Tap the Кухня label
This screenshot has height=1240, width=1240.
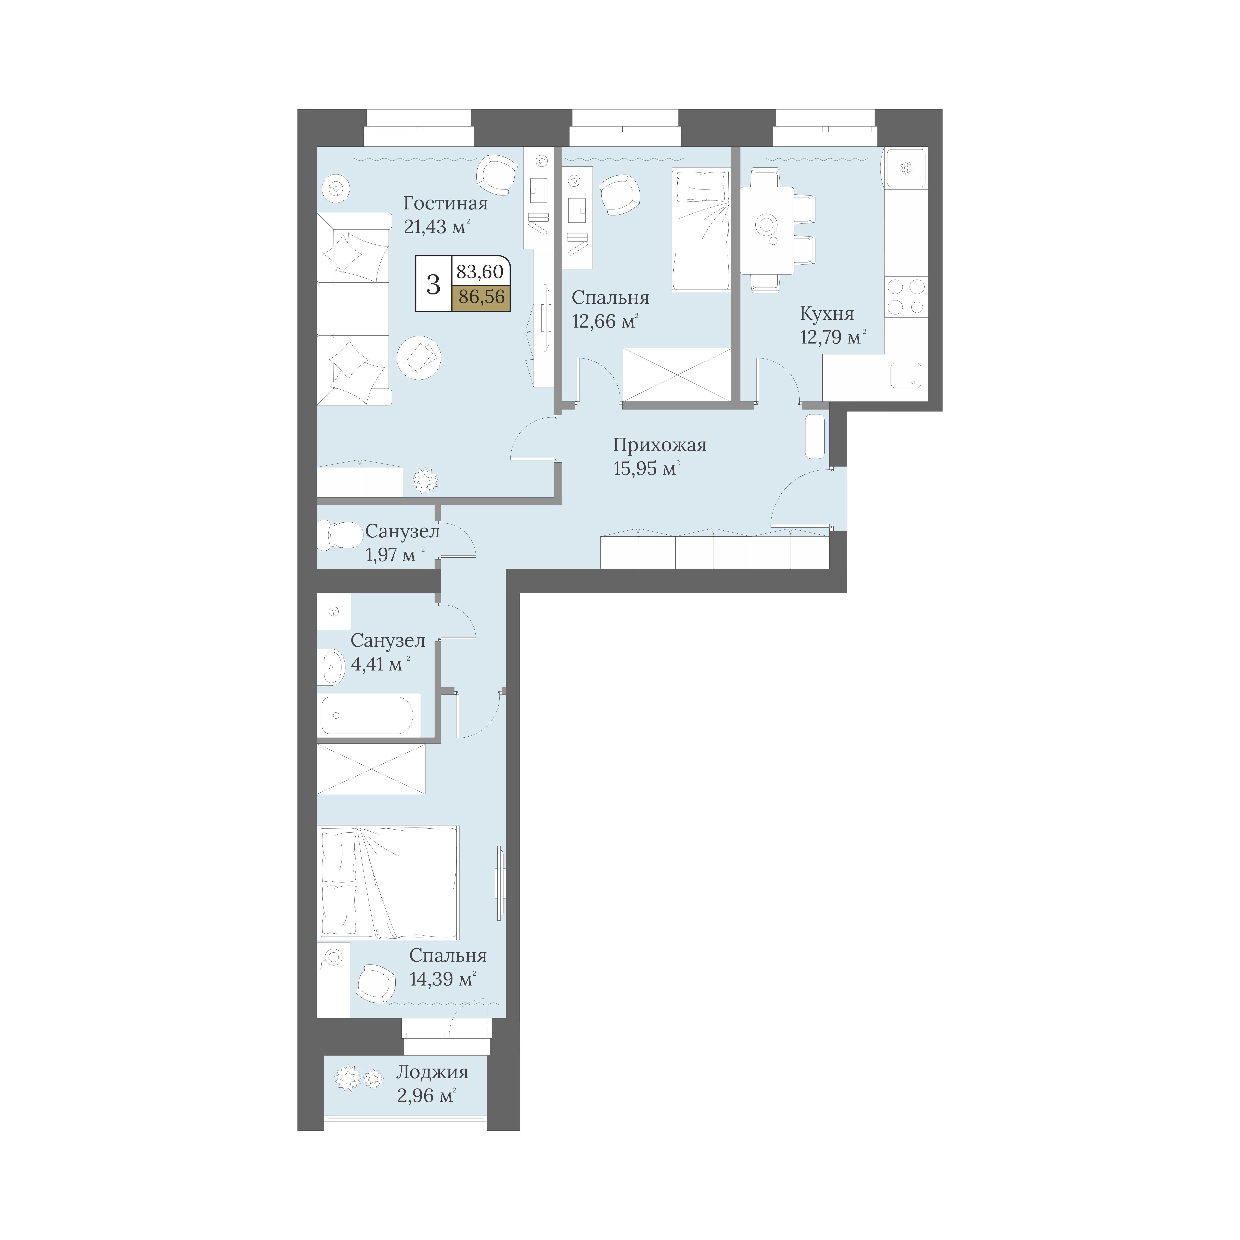[x=827, y=314]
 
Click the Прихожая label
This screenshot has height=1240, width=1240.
[x=660, y=445]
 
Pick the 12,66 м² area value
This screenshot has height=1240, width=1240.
[x=605, y=321]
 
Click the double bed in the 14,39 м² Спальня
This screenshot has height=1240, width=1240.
[x=388, y=883]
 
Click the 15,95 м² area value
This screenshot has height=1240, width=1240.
[x=646, y=468]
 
